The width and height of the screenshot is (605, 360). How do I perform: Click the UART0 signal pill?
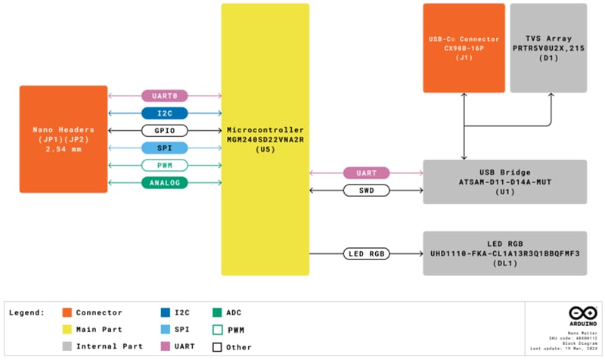165,96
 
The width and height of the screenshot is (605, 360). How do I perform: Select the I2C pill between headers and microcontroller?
165,113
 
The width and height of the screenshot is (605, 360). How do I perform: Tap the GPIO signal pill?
165,131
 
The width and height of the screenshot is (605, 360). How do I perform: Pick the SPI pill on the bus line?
165,148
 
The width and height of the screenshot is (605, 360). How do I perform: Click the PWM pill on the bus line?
165,166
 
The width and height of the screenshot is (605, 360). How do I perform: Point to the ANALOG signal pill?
165,182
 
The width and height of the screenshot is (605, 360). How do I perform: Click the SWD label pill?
366,191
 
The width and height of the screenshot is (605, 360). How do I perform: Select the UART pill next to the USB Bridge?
366,173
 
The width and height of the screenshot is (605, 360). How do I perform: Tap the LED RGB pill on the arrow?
366,253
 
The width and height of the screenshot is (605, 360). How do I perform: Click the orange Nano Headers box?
64,139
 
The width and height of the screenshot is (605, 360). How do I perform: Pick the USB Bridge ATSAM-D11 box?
504,182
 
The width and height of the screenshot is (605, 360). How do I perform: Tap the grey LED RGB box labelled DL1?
504,253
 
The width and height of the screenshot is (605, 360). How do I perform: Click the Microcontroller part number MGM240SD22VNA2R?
265,139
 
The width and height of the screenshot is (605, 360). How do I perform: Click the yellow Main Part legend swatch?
67,330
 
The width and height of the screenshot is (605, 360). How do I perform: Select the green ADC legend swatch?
219,312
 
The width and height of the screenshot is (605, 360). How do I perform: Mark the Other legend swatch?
219,347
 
